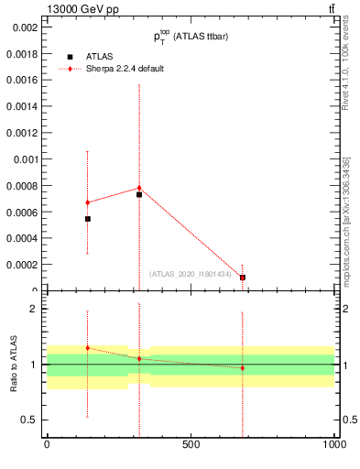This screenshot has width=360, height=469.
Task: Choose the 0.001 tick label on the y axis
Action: (x=25, y=159)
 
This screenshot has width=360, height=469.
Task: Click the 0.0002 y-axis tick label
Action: (x=22, y=265)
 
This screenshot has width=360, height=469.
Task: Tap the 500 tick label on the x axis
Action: (x=191, y=444)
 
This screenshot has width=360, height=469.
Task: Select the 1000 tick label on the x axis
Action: (x=334, y=444)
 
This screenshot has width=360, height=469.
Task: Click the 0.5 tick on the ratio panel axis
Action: (x=30, y=420)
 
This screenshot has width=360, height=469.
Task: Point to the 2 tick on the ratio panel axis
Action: (x=36, y=309)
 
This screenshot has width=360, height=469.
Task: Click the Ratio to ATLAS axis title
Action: (x=13, y=364)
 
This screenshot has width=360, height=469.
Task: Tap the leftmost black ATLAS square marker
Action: (x=87, y=219)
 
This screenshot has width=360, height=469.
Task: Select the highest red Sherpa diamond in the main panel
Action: (x=139, y=188)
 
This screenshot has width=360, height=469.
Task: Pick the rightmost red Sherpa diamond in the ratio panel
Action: (x=243, y=368)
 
